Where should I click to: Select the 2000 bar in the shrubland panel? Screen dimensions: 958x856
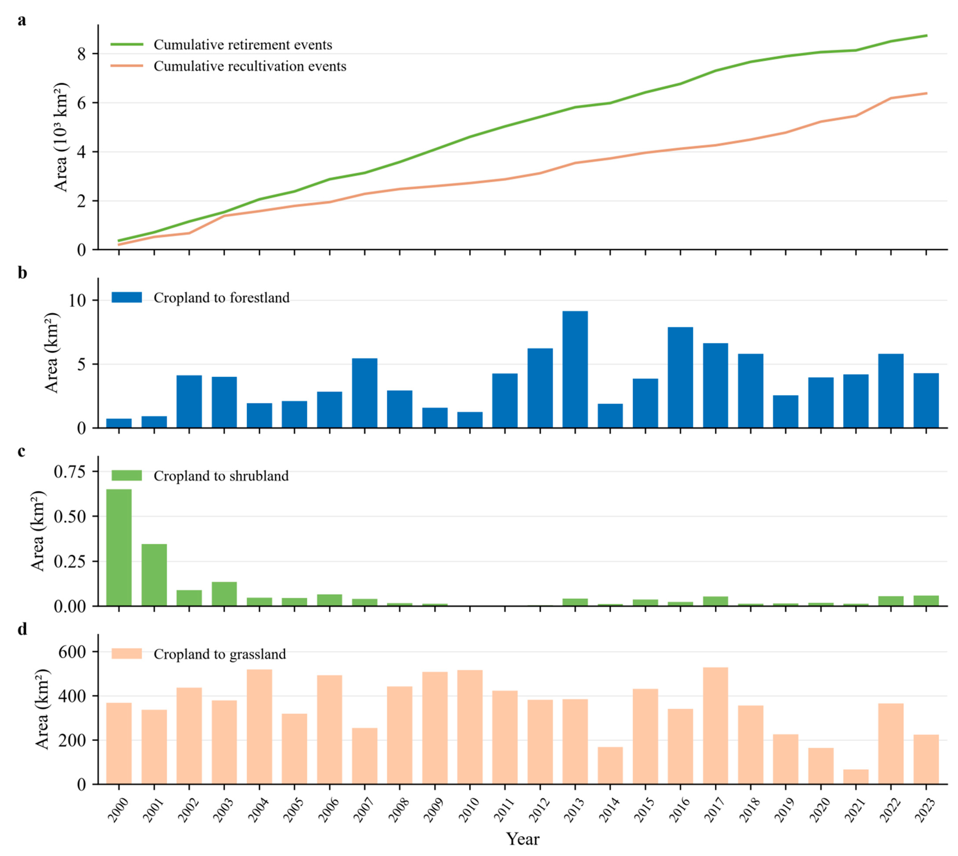[119, 547]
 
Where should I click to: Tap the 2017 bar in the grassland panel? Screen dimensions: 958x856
[716, 726]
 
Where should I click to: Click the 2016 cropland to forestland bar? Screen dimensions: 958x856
[680, 377]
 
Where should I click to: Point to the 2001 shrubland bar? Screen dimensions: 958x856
[154, 575]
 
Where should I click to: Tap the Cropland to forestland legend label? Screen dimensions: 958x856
[221, 298]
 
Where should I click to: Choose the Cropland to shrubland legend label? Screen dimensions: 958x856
[221, 476]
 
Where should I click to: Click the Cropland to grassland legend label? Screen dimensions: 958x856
[220, 654]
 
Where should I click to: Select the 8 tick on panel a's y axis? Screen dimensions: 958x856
[82, 54]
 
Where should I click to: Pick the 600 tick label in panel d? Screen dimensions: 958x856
[73, 652]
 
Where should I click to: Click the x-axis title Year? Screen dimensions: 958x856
[523, 839]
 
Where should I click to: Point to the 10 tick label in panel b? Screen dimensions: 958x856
[78, 300]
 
